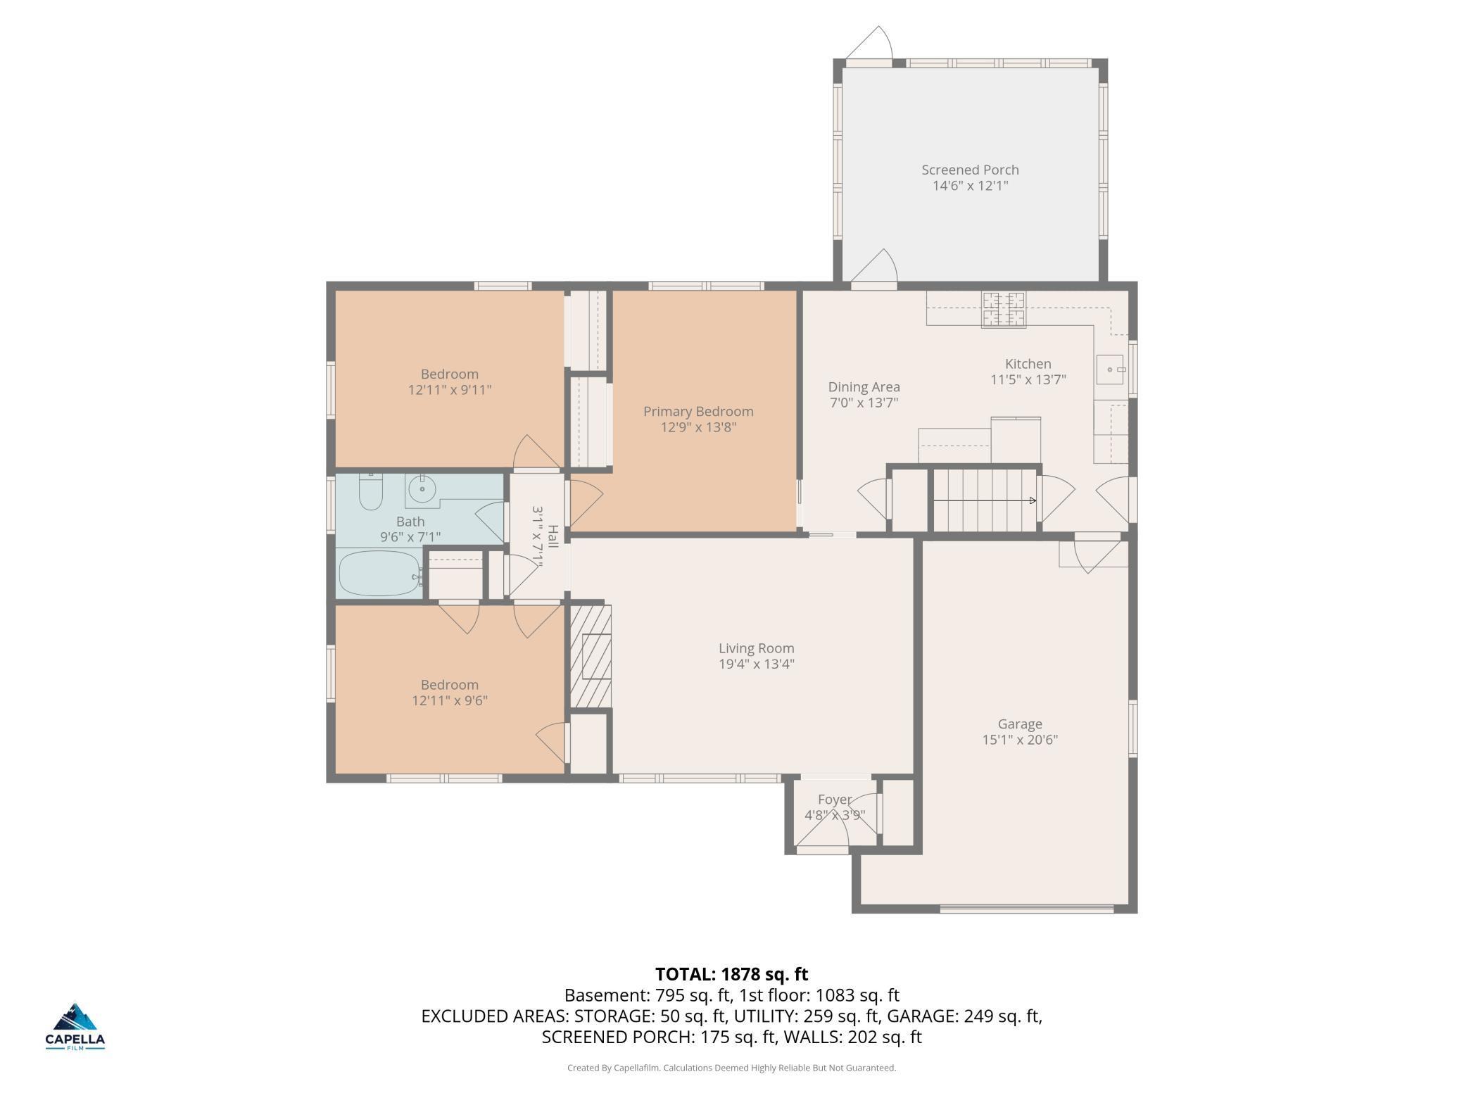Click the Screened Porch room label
point(970,170)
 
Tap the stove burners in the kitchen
point(1004,310)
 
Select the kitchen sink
point(1111,370)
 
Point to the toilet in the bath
point(370,491)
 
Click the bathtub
point(379,573)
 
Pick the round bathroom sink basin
point(422,488)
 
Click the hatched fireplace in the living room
point(590,656)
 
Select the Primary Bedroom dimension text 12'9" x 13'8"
point(698,427)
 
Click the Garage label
point(1020,724)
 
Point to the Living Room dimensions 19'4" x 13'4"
point(757,664)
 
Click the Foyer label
point(835,800)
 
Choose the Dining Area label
point(864,387)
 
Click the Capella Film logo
point(75,1026)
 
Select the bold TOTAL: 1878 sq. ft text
point(732,974)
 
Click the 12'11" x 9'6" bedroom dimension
point(450,700)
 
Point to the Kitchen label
point(1028,364)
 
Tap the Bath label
point(410,522)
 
